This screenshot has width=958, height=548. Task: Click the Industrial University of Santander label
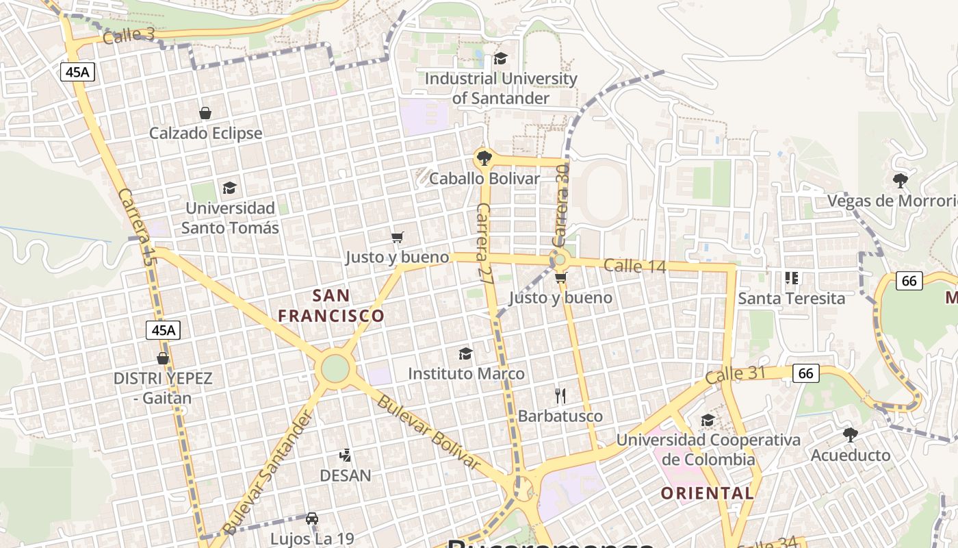click(501, 88)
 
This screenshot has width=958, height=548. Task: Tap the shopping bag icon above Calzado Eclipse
click(205, 113)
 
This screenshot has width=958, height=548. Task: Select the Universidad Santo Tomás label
click(230, 218)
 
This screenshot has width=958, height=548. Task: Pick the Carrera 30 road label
click(560, 206)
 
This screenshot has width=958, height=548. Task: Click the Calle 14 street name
click(635, 266)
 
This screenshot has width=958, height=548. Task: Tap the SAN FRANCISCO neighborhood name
click(331, 306)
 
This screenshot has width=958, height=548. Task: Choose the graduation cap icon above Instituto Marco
click(465, 353)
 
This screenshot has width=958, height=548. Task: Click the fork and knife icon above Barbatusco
click(560, 395)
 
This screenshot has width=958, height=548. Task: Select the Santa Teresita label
click(791, 299)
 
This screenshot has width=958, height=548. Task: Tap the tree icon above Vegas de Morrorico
click(901, 181)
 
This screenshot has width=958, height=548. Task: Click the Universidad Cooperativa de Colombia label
click(708, 449)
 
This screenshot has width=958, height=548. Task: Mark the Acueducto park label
click(851, 455)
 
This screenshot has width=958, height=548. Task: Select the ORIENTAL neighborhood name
click(708, 493)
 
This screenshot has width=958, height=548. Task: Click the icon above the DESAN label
click(346, 455)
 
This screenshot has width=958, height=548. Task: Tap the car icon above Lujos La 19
click(312, 519)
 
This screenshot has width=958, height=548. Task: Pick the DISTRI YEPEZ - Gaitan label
click(163, 388)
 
